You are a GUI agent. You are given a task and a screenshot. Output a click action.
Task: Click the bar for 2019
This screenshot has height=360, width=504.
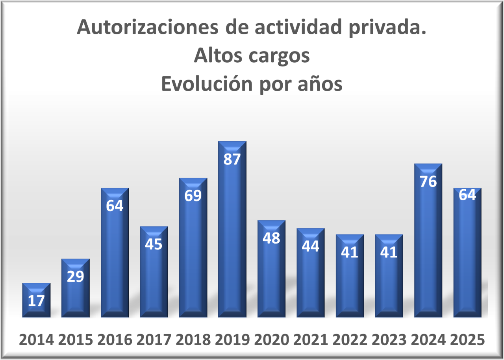tap(232, 236)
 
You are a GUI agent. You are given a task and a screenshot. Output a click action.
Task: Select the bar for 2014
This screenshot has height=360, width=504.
tap(36, 303)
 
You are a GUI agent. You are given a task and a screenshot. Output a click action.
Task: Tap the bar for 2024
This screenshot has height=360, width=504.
tap(428, 244)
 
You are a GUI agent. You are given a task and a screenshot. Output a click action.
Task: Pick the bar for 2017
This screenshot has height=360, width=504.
tap(154, 275)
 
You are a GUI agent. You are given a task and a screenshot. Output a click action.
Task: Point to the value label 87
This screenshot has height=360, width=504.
tap(232, 159)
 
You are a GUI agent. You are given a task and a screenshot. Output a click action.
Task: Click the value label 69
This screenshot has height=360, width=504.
tap(193, 196)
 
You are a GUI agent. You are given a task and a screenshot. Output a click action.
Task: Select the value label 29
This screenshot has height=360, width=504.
tap(75, 277)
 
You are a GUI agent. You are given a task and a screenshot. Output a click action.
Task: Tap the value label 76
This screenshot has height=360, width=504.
tap(428, 182)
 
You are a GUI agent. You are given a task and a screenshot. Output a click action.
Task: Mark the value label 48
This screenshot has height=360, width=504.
tap(271, 238)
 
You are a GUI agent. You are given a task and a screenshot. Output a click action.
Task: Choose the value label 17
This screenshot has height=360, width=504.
tap(36, 301)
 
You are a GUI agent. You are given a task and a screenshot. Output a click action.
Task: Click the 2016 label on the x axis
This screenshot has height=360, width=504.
tap(115, 340)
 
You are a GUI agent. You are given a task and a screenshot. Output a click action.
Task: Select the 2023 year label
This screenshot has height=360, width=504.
tap(389, 340)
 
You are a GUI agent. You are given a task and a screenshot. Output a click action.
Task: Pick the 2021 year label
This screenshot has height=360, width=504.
tap(310, 340)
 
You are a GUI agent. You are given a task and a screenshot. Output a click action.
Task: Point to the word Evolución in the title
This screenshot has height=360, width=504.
tap(208, 84)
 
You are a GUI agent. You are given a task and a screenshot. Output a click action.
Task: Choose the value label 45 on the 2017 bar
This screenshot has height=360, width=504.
tap(154, 244)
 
